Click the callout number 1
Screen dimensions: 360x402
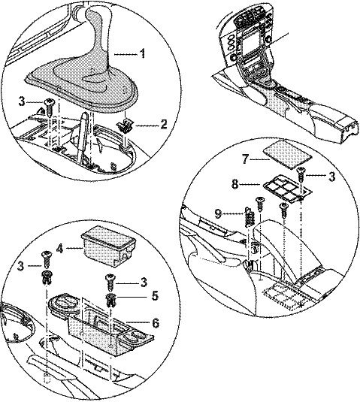[142, 53]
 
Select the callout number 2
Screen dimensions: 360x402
[163, 124]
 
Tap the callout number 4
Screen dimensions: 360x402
[59, 248]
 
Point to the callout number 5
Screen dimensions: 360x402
[154, 296]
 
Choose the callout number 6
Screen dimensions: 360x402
[156, 323]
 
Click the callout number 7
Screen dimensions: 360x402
[245, 159]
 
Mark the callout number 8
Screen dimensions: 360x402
[234, 184]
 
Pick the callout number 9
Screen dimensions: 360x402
[218, 213]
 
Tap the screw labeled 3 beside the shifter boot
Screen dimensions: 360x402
[48, 107]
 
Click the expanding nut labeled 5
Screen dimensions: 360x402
[110, 300]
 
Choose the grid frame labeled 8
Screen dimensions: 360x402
[287, 188]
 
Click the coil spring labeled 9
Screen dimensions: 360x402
[249, 217]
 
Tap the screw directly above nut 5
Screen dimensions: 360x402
[110, 283]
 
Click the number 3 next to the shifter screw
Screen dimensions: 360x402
[22, 101]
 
